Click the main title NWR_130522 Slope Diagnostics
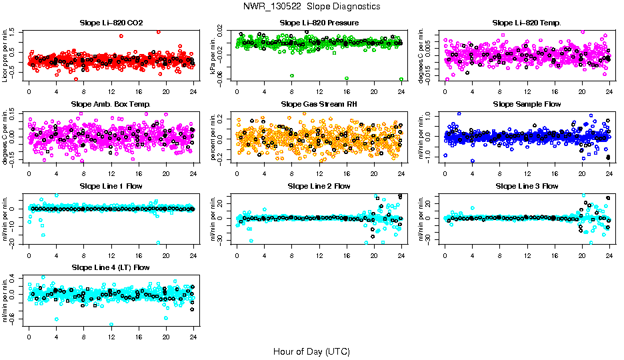pyautogui.click(x=312, y=6)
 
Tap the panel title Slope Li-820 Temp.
pyautogui.click(x=527, y=23)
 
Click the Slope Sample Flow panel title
pyautogui.click(x=527, y=105)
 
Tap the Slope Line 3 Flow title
pyautogui.click(x=527, y=186)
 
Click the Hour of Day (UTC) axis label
pyautogui.click(x=311, y=351)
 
